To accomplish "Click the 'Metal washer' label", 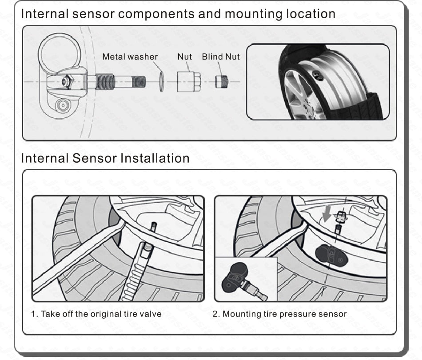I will (130, 57).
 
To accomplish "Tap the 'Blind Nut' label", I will (221, 57).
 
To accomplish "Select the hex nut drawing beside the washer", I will (188, 82).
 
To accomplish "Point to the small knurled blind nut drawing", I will (222, 82).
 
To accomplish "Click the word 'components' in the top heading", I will (157, 14).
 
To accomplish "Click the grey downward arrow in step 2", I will (327, 214).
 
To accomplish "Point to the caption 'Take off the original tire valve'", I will (96, 314).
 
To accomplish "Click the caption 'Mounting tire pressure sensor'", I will (279, 314).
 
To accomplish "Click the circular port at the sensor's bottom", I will (62, 105).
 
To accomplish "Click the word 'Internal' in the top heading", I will (42, 14).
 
